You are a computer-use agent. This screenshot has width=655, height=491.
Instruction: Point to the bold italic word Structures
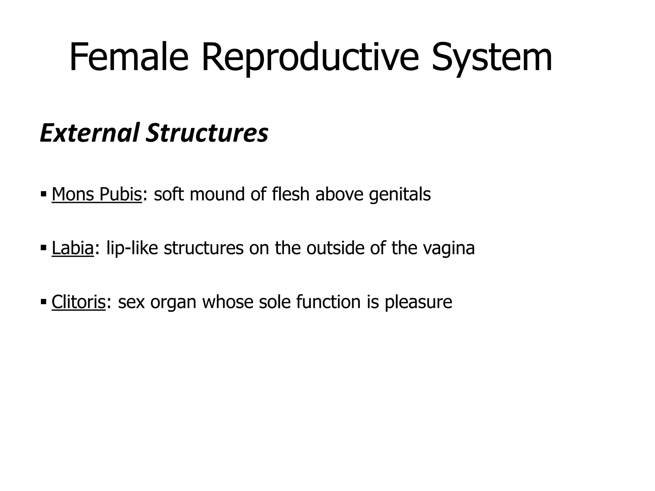point(207,133)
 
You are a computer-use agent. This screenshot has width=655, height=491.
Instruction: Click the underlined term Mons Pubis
point(97,194)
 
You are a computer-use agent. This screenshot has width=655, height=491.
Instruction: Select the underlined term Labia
point(73,248)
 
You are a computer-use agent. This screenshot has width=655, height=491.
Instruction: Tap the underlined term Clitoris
point(78,301)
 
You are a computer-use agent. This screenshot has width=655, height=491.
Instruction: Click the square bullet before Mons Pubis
point(43,194)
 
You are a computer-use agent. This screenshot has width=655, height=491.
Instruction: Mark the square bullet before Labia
point(43,247)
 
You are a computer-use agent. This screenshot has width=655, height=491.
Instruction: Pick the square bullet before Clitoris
point(43,301)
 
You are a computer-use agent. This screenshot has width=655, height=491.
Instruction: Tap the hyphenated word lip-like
point(132,248)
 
